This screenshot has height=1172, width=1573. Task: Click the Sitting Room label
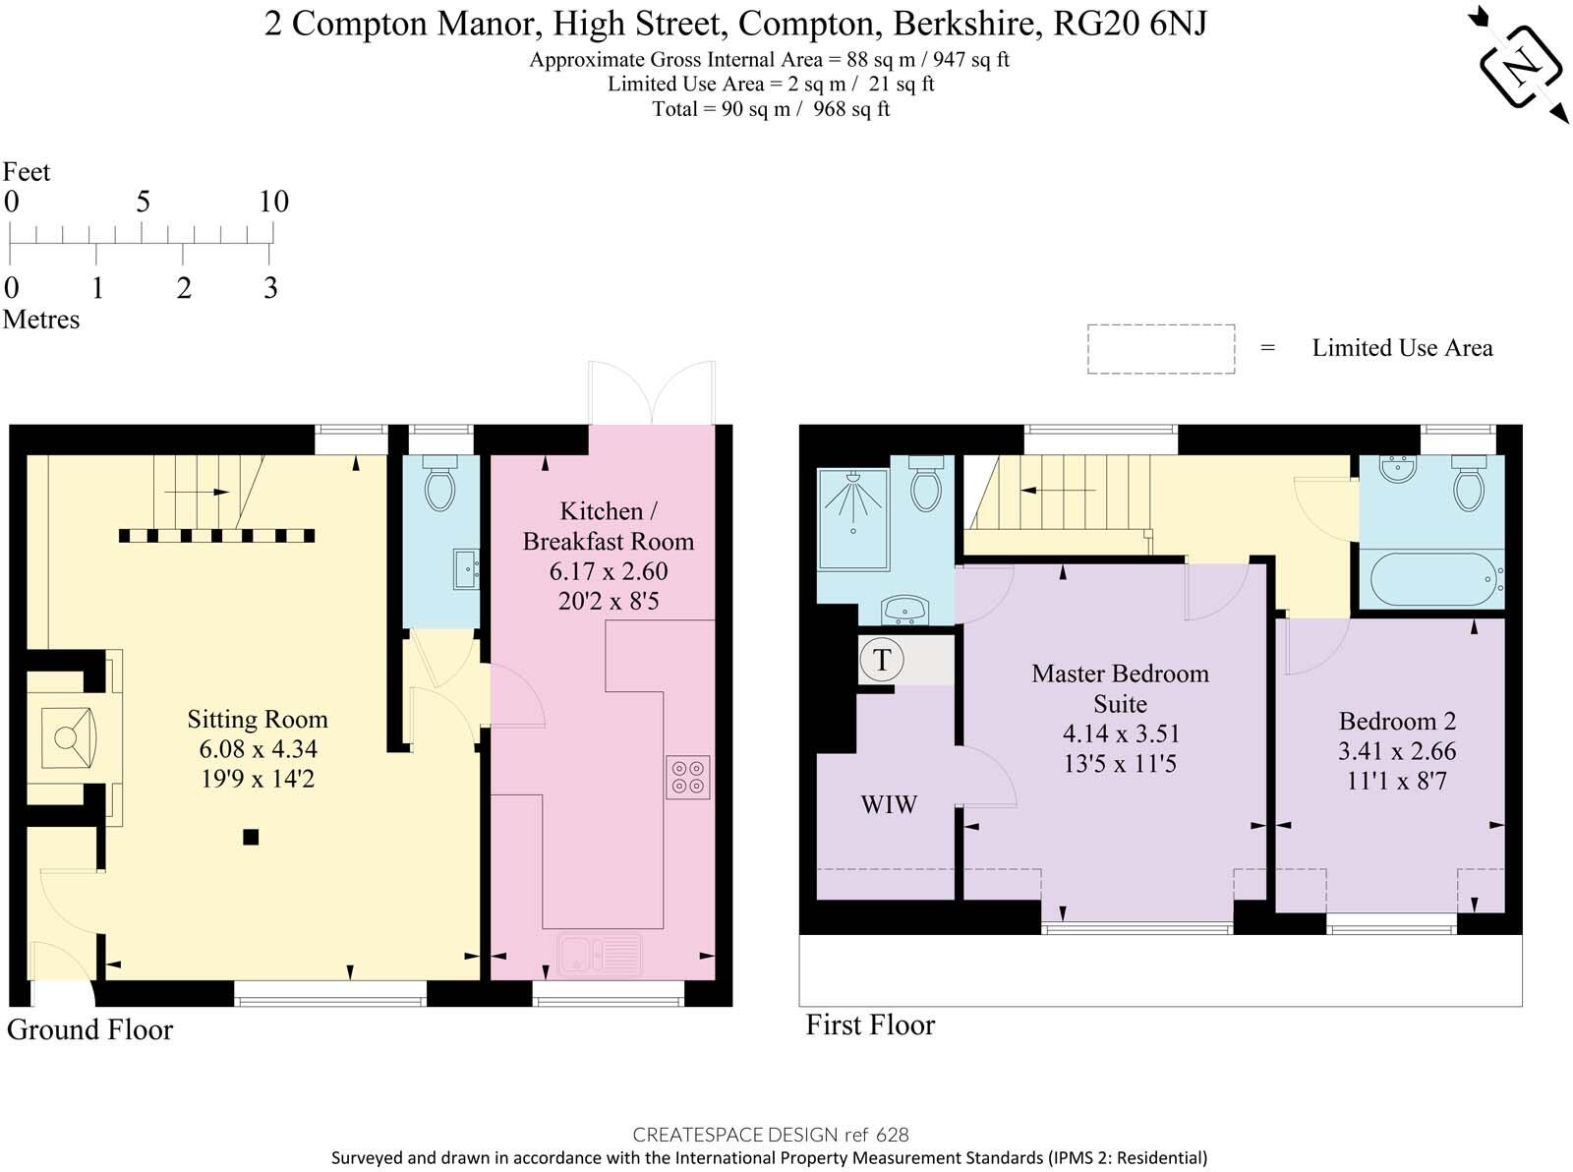click(x=258, y=720)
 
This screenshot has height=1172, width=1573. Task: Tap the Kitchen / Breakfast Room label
click(x=609, y=526)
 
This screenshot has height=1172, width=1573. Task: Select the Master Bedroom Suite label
click(x=1120, y=688)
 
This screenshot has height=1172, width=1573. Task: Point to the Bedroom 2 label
click(x=1397, y=721)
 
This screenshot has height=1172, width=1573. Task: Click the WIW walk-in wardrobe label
click(x=889, y=804)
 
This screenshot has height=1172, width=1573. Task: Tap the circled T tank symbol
click(x=882, y=660)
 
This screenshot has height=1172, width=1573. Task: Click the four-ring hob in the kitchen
click(x=688, y=777)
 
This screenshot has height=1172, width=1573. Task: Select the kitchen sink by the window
click(x=600, y=954)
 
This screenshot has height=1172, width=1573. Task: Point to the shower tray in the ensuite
click(x=853, y=519)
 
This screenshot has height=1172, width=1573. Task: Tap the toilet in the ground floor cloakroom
click(x=439, y=483)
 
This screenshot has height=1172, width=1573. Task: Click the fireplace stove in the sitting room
click(x=68, y=737)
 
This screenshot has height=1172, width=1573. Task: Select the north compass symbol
click(x=1521, y=66)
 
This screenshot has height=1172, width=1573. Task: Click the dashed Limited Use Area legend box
click(x=1161, y=349)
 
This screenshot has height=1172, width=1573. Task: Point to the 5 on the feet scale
click(x=143, y=202)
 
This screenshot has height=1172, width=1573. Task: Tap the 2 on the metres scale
click(x=184, y=288)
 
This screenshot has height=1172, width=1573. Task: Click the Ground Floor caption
click(x=90, y=1030)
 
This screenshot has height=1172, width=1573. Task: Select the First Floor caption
click(x=870, y=1025)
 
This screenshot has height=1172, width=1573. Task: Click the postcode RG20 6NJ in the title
click(x=1130, y=24)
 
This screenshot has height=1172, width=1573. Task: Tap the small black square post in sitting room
click(x=251, y=837)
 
